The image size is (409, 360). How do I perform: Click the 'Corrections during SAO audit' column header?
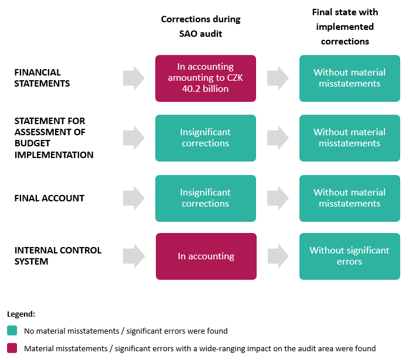pos(200,27)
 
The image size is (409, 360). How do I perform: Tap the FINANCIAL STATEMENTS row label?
pos(42,78)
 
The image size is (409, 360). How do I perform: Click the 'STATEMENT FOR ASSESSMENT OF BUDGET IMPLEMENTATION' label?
pos(54,138)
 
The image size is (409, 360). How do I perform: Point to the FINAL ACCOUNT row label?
pos(49,198)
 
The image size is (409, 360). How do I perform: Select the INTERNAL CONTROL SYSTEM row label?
pos(58,256)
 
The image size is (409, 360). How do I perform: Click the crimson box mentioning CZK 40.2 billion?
pos(206,78)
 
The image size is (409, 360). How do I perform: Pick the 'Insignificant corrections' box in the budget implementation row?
pos(206,138)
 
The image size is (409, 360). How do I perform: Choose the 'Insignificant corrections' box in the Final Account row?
pos(206,198)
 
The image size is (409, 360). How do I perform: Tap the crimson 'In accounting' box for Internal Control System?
pos(206,256)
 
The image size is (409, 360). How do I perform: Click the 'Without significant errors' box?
pos(349,256)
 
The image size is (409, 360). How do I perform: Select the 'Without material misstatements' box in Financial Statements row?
pos(349,78)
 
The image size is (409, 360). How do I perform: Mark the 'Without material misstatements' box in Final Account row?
pos(349,198)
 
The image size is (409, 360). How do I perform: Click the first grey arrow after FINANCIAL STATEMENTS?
pos(134,78)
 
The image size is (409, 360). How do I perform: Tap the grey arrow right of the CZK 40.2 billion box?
pos(278,78)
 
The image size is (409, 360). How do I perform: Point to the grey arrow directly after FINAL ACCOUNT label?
pos(134,198)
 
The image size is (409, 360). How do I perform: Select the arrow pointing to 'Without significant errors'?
pos(278,256)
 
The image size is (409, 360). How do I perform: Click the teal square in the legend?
pos(13,331)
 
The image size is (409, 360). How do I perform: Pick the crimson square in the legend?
pos(13,348)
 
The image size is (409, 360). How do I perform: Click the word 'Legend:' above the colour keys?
pos(21,314)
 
